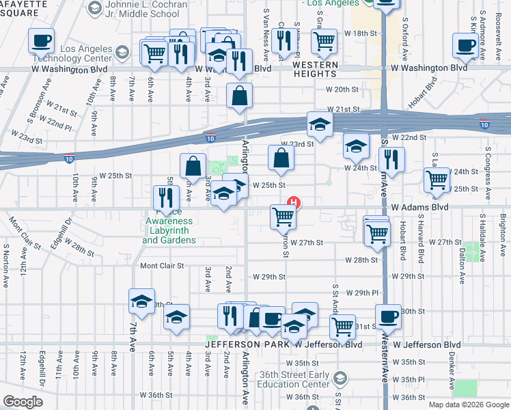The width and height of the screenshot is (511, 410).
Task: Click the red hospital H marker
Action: (x=294, y=202)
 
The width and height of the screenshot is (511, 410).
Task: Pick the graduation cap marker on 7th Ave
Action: (x=141, y=301)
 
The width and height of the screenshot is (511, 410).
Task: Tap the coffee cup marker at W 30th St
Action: (x=388, y=316)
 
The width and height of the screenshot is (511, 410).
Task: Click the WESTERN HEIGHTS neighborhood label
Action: (x=316, y=65)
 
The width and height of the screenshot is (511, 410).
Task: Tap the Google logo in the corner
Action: (x=23, y=401)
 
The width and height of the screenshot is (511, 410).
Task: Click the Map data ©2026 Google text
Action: (x=469, y=405)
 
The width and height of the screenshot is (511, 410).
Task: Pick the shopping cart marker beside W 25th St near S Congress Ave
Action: (x=437, y=180)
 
